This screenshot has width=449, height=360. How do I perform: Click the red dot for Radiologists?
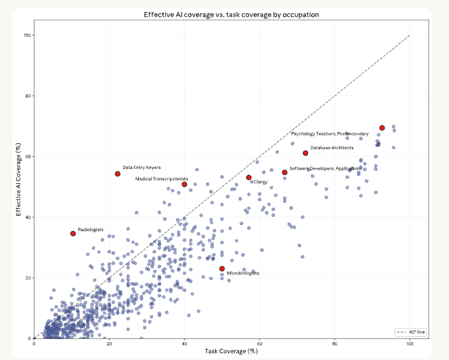point(73,233)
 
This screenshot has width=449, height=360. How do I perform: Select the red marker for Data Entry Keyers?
point(118,174)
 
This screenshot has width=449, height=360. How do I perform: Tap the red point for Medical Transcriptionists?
point(184,184)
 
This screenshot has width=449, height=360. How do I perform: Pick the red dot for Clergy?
point(249,177)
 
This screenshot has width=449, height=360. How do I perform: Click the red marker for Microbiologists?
point(222,269)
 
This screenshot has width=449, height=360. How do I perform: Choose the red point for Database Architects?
point(306,153)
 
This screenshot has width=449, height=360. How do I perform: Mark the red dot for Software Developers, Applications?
point(285,172)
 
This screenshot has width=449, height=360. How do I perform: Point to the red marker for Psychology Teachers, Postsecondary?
point(382,128)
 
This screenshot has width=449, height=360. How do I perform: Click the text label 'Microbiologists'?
point(243,273)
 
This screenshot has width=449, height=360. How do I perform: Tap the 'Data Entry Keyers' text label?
point(142,168)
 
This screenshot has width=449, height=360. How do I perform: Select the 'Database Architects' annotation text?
point(331,147)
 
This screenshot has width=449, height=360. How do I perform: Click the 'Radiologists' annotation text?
point(91,229)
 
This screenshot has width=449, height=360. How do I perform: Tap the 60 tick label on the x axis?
point(260,344)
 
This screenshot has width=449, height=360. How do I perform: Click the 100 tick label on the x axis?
point(410,344)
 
